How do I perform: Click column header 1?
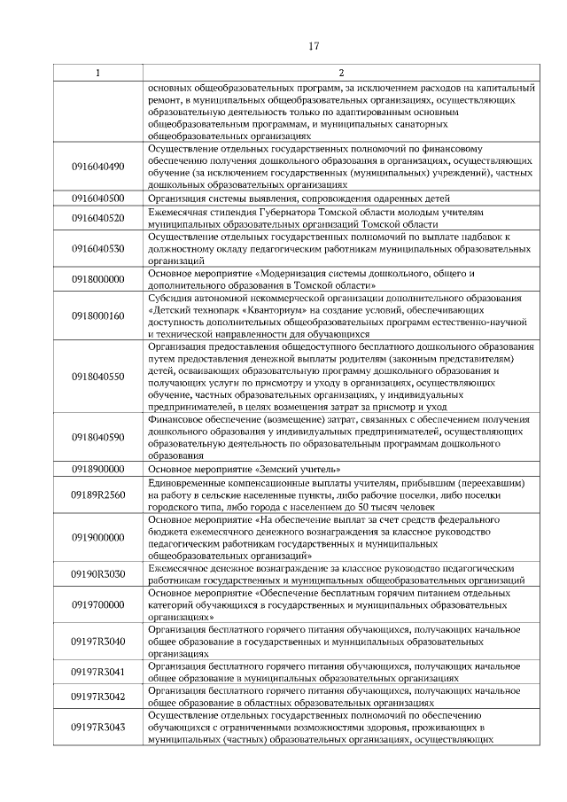(x=97, y=73)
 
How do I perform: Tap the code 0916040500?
(x=97, y=199)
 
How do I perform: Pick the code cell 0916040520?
(x=97, y=218)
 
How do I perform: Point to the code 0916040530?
(x=97, y=249)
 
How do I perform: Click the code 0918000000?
(x=97, y=279)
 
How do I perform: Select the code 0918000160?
(x=97, y=316)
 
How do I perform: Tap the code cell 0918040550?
(x=97, y=377)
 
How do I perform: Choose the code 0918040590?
(x=97, y=437)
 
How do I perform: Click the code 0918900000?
(x=97, y=469)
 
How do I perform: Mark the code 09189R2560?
(x=97, y=494)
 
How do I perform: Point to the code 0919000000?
(x=97, y=537)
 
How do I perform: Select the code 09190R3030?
(x=97, y=574)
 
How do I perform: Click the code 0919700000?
(x=97, y=605)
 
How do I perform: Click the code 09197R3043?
(x=97, y=728)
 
